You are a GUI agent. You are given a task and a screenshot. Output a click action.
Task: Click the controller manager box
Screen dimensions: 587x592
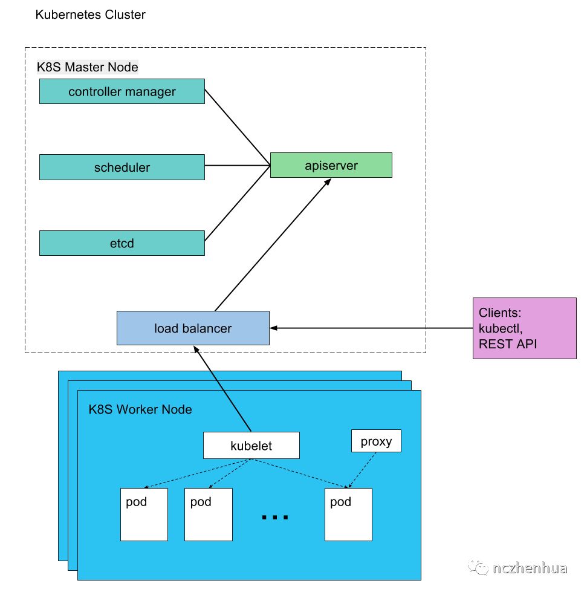coord(122,91)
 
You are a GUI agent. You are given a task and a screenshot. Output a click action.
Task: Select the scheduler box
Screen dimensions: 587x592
coord(122,168)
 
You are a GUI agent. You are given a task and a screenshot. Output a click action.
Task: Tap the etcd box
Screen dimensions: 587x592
coord(122,243)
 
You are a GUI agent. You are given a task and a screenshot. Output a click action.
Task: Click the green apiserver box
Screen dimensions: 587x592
coord(331,165)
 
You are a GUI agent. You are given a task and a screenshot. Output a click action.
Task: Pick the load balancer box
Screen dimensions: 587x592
coord(193,328)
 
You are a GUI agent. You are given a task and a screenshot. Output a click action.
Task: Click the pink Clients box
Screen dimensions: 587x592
coord(524,328)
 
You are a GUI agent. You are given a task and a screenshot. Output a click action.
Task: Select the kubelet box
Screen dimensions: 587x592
coord(251,446)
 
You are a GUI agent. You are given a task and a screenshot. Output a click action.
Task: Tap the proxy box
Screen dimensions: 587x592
coord(376,441)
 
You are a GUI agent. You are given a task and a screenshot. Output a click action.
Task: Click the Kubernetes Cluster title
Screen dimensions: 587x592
coord(90,15)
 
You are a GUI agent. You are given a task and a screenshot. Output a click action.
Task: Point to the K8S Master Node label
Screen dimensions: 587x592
coord(87,67)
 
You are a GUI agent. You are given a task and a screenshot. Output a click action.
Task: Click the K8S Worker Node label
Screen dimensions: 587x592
coord(140,409)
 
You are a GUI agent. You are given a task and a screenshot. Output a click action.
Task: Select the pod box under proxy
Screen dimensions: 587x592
coord(348,515)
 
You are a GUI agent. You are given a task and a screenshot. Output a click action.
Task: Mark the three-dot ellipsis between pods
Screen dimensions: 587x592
coord(275,517)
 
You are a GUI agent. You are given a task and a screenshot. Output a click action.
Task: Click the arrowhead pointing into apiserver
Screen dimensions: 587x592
coord(328,181)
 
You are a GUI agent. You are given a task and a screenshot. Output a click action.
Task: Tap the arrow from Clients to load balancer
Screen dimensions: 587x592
coord(371,328)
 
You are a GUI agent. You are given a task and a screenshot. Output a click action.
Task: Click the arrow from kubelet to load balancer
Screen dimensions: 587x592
coord(222,388)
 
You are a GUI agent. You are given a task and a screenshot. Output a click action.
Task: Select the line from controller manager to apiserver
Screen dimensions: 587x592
coord(238,127)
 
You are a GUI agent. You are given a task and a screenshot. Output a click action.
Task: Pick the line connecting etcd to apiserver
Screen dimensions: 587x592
coord(238,203)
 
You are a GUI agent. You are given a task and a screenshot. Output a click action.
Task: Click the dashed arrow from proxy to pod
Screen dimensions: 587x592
coord(362,470)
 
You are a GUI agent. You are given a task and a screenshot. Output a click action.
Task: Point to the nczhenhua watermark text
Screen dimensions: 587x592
coord(530,568)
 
